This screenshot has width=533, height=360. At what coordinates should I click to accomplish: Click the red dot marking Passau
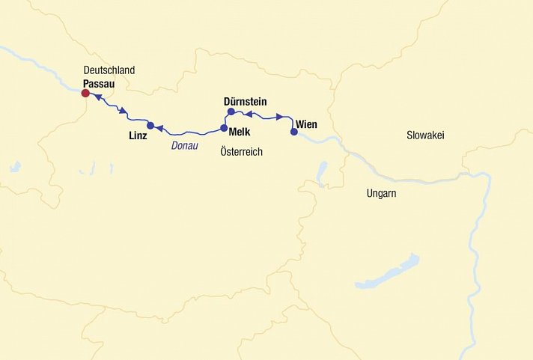pyautogui.click(x=85, y=94)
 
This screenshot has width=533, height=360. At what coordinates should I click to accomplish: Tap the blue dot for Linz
pyautogui.click(x=150, y=125)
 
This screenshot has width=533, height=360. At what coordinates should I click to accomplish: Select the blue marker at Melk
pyautogui.click(x=224, y=128)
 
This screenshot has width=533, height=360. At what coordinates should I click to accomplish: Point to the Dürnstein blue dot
pyautogui.click(x=231, y=112)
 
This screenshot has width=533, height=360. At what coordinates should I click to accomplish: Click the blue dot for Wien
pyautogui.click(x=294, y=132)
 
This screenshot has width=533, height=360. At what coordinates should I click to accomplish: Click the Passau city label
pyautogui.click(x=99, y=82)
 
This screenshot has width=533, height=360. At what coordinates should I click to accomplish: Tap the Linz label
pyautogui.click(x=138, y=137)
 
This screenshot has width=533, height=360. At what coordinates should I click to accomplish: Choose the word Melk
pyautogui.click(x=240, y=131)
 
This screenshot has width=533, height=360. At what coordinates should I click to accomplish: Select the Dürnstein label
pyautogui.click(x=245, y=101)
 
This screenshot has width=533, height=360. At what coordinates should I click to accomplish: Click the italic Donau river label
pyautogui.click(x=184, y=146)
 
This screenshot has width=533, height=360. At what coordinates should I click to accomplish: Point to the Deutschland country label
pyautogui.click(x=109, y=70)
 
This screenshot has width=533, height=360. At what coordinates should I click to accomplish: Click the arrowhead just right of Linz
pyautogui.click(x=159, y=129)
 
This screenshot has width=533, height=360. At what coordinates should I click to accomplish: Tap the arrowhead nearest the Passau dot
pyautogui.click(x=97, y=97)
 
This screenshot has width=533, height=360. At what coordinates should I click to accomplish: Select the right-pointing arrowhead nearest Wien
pyautogui.click(x=279, y=117)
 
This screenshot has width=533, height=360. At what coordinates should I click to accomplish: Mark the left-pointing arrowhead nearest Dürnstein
pyautogui.click(x=249, y=114)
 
